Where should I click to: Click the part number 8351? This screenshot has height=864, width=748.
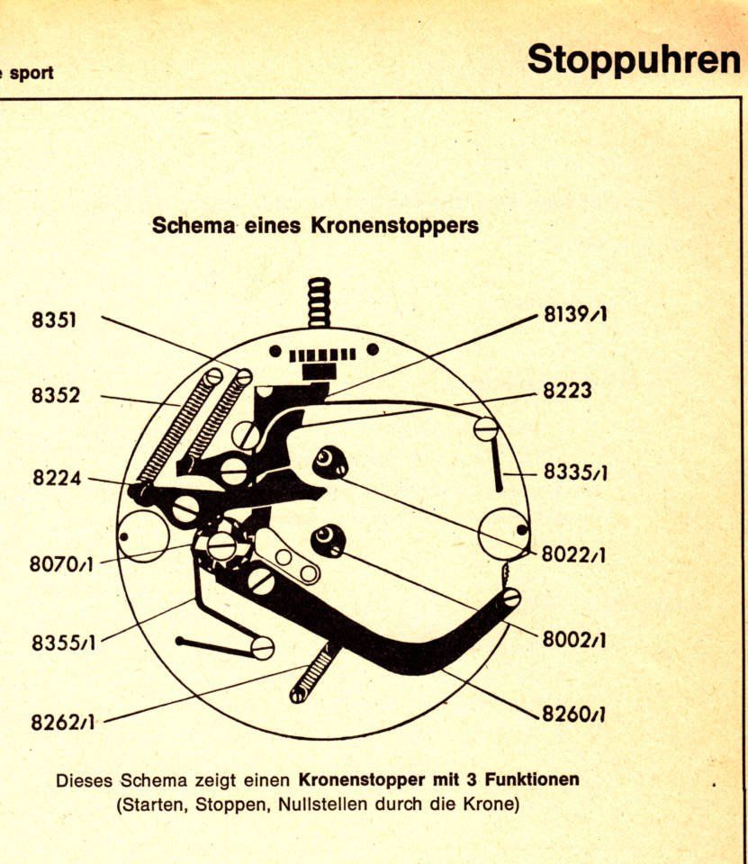(x=54, y=319)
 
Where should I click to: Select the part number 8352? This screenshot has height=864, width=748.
(x=55, y=396)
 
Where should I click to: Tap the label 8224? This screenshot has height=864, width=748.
(x=57, y=478)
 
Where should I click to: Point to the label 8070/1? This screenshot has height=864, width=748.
(x=60, y=565)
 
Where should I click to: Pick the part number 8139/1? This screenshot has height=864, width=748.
(x=574, y=316)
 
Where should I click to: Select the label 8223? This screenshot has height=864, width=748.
(x=567, y=391)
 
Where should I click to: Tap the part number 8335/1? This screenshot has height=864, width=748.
(x=574, y=472)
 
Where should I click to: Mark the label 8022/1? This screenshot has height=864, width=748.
(x=572, y=555)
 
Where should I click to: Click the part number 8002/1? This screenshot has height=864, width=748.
(x=572, y=640)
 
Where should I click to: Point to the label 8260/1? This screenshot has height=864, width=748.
(x=572, y=715)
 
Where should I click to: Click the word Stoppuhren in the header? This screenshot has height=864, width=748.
(x=634, y=58)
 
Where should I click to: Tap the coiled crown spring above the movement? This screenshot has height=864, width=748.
(x=319, y=301)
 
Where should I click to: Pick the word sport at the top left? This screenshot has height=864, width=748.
(x=31, y=72)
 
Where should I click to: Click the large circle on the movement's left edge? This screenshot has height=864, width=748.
(x=144, y=536)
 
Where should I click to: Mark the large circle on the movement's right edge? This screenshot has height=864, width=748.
(x=503, y=533)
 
